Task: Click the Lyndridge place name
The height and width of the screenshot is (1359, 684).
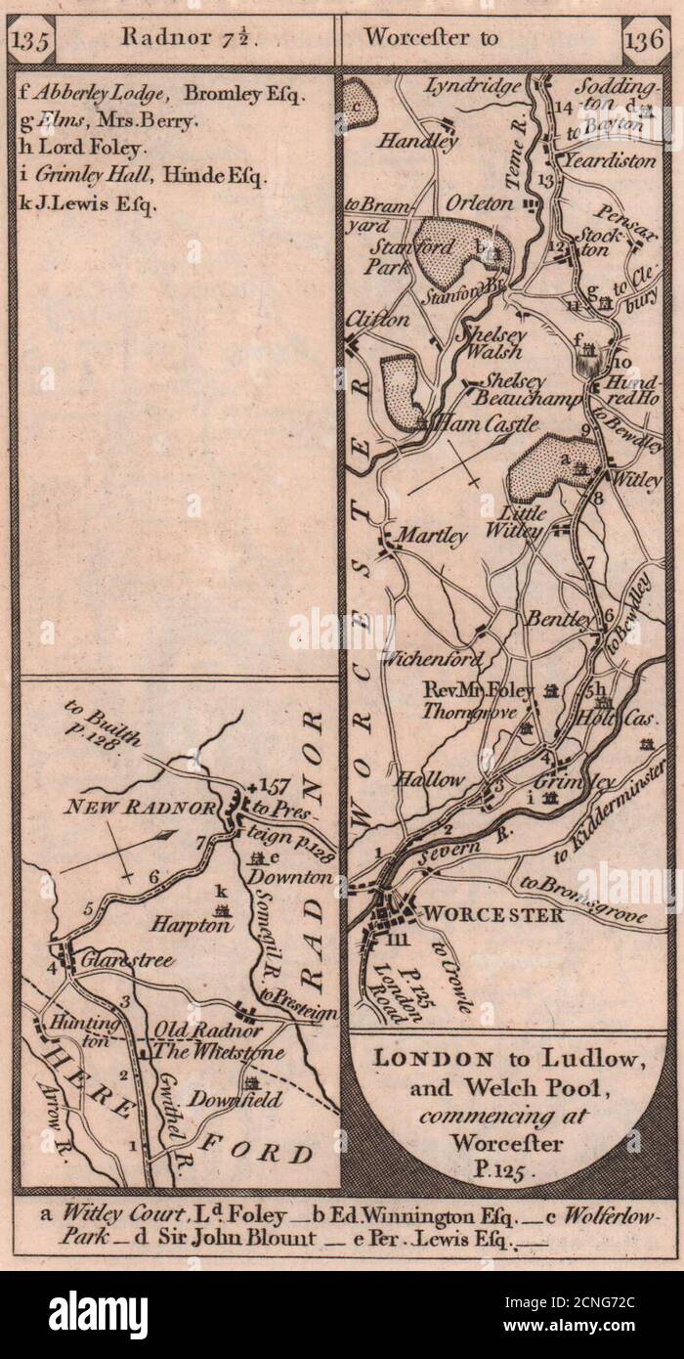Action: (473, 88)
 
